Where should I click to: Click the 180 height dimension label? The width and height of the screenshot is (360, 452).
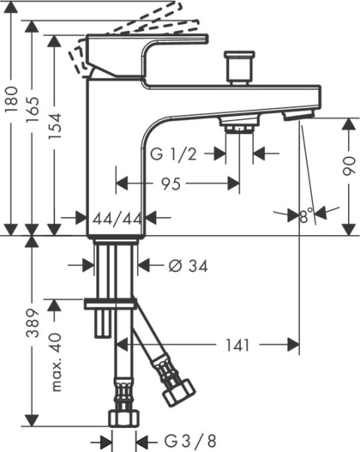(11, 99)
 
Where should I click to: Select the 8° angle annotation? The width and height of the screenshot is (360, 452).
(305, 217)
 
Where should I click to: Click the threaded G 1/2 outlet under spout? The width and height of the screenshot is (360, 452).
(239, 125)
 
